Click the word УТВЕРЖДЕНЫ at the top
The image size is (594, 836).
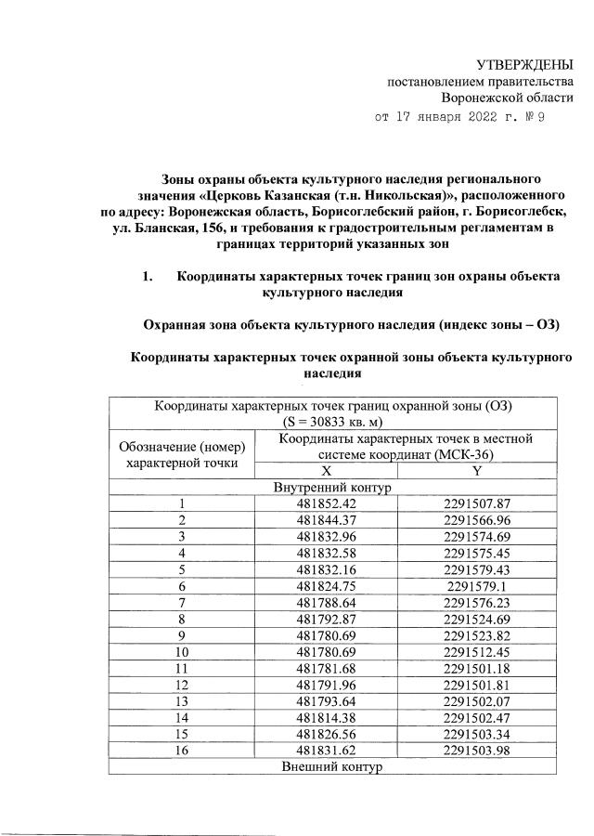coord(524,65)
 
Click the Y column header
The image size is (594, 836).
coord(477,471)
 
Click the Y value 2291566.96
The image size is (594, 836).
coord(477,521)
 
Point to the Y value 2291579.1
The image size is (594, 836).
coord(477,588)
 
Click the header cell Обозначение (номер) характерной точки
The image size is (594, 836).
coord(183,452)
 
